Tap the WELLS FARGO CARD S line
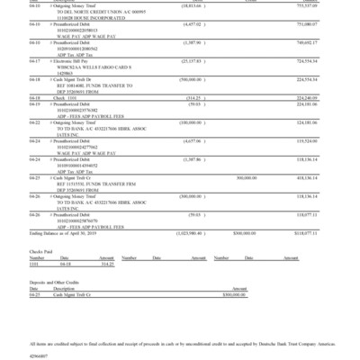[88, 66]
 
